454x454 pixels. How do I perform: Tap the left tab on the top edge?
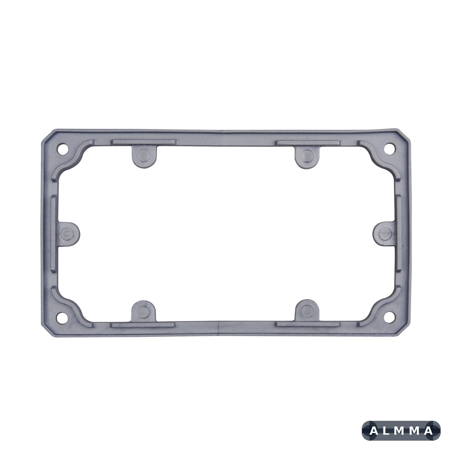[x=144, y=156]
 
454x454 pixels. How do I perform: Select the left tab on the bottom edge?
[x=143, y=311]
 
